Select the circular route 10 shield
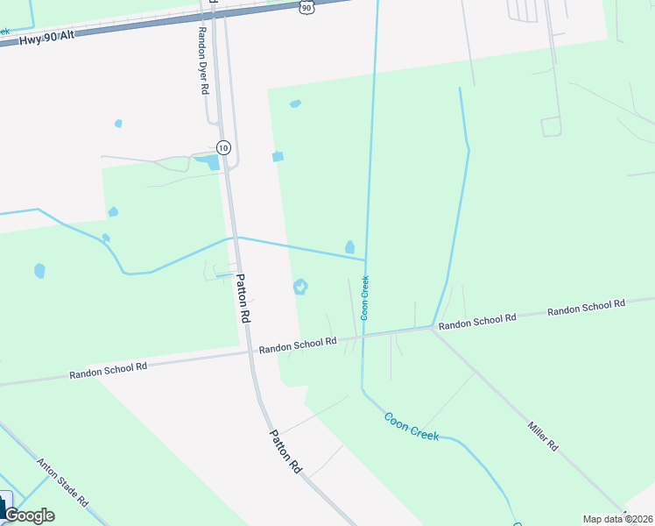pyautogui.click(x=224, y=147)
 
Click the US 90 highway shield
pyautogui.click(x=305, y=7)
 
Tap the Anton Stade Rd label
pyautogui.click(x=62, y=480)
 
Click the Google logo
pyautogui.click(x=28, y=515)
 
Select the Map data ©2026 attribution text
pyautogui.click(x=617, y=519)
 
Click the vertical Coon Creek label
pyautogui.click(x=365, y=297)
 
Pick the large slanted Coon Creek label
pyautogui.click(x=412, y=424)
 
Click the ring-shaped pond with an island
pyautogui.click(x=300, y=286)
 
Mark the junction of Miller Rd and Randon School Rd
pyautogui.click(x=431, y=329)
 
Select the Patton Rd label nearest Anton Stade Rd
pyautogui.click(x=285, y=451)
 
